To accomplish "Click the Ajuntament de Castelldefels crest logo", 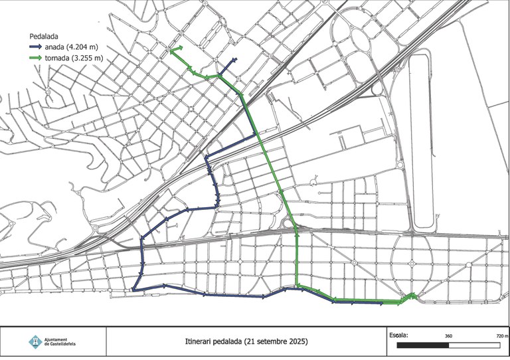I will [x=35, y=341].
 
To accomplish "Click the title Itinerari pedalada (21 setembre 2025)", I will [x=246, y=341].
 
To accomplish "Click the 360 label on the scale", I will [x=448, y=337].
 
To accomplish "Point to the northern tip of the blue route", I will [x=236, y=60].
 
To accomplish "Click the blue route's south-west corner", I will [x=133, y=290].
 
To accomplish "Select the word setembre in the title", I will [x=269, y=341].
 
